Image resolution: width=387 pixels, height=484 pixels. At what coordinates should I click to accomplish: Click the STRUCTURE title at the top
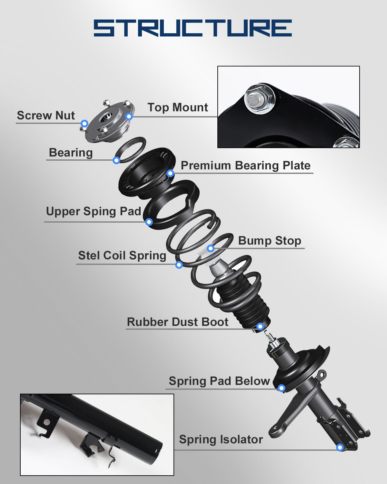click(193, 28)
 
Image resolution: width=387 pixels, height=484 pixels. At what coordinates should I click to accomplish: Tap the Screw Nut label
click(46, 116)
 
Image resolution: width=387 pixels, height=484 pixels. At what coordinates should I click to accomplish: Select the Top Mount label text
click(178, 107)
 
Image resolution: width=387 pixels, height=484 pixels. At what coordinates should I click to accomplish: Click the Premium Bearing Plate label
click(245, 166)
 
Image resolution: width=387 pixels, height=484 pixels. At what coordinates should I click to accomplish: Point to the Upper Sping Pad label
click(93, 211)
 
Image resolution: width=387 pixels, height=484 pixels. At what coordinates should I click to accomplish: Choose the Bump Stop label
click(270, 241)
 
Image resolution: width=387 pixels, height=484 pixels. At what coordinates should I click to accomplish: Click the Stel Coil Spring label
click(122, 256)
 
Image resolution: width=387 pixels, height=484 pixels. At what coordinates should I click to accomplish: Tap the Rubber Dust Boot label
click(178, 322)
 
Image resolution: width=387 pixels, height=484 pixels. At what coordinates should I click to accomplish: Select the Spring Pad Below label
click(219, 381)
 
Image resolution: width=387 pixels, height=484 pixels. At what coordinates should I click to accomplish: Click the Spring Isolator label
click(221, 439)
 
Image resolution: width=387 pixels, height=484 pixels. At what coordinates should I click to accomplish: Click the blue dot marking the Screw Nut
click(84, 124)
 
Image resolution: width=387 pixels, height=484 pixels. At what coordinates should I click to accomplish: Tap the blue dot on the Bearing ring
click(116, 160)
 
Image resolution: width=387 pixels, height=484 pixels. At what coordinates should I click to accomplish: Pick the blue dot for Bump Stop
click(211, 248)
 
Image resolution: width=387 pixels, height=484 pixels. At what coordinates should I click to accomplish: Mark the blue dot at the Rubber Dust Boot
click(260, 326)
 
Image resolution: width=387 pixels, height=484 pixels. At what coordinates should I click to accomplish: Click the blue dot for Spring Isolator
click(340, 448)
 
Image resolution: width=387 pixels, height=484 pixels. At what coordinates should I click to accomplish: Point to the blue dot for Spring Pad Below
click(282, 388)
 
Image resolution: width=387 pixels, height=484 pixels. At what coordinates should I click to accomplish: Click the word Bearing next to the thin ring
click(71, 153)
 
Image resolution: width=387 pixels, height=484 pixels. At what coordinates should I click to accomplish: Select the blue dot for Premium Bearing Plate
click(171, 173)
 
